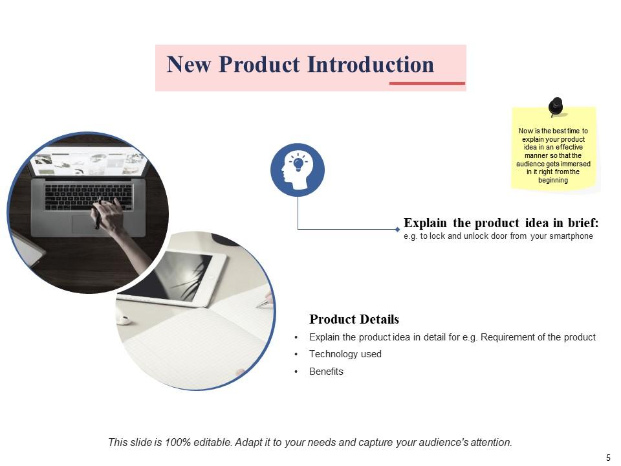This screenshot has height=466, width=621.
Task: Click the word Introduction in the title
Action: (x=370, y=65)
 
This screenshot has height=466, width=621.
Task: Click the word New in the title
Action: (x=189, y=65)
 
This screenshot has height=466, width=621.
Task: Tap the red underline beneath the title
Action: (x=427, y=83)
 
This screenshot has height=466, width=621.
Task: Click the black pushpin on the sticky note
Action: (x=556, y=106)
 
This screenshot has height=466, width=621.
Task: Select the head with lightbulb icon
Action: (x=298, y=170)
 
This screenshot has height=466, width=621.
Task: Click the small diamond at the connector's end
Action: (x=397, y=229)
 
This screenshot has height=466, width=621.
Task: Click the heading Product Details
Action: (x=354, y=319)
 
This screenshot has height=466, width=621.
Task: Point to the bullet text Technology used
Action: (x=345, y=354)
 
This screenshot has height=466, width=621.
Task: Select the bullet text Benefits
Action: (x=326, y=372)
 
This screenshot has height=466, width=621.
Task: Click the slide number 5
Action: (x=608, y=458)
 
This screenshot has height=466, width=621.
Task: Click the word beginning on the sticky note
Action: (x=553, y=181)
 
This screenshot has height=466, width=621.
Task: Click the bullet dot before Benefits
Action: (x=296, y=372)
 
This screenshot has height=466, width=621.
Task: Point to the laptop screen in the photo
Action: (x=87, y=161)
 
